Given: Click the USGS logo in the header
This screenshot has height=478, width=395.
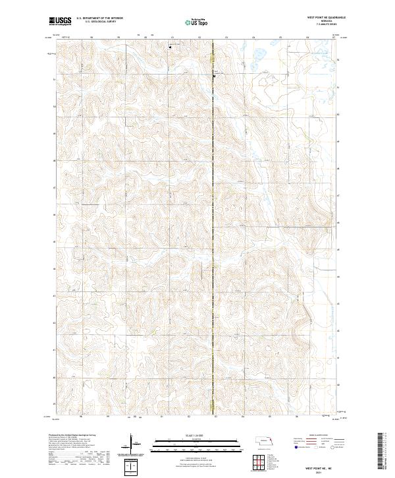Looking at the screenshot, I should (x=60, y=20).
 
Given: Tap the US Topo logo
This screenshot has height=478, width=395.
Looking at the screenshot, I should (x=198, y=20).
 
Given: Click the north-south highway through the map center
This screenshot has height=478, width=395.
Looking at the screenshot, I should (x=213, y=231).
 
